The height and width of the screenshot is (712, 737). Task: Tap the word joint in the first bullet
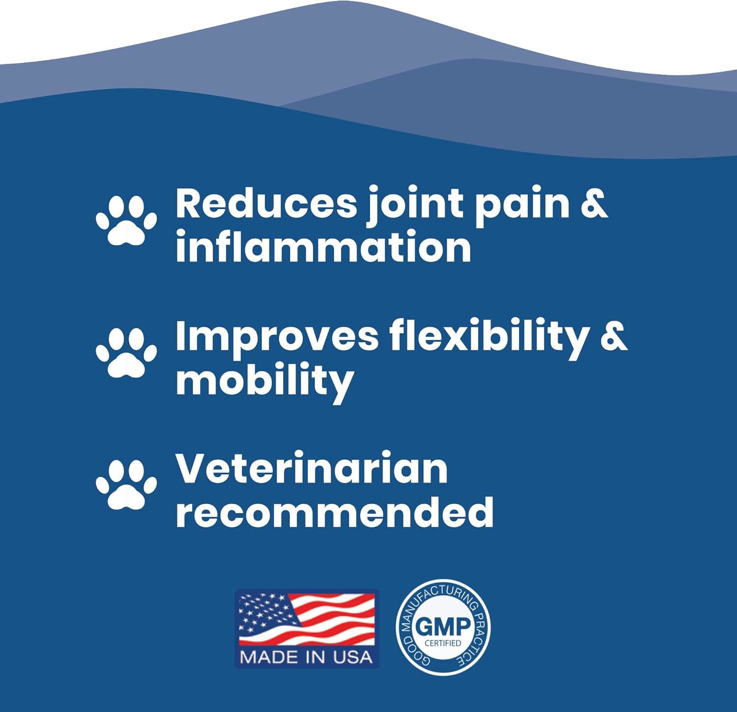(x=415, y=206)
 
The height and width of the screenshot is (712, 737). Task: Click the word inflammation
(x=323, y=246)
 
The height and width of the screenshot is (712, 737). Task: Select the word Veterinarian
(x=312, y=468)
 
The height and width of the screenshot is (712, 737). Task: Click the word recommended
(x=335, y=511)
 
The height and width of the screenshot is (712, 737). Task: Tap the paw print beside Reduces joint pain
(x=126, y=221)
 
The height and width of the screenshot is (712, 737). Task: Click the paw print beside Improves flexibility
(x=126, y=353)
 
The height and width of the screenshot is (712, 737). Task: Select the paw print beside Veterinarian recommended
(x=126, y=484)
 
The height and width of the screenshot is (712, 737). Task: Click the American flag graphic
(x=307, y=619)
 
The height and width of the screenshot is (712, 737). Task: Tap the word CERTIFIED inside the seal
(x=443, y=643)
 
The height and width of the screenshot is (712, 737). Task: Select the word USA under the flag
(x=353, y=657)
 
